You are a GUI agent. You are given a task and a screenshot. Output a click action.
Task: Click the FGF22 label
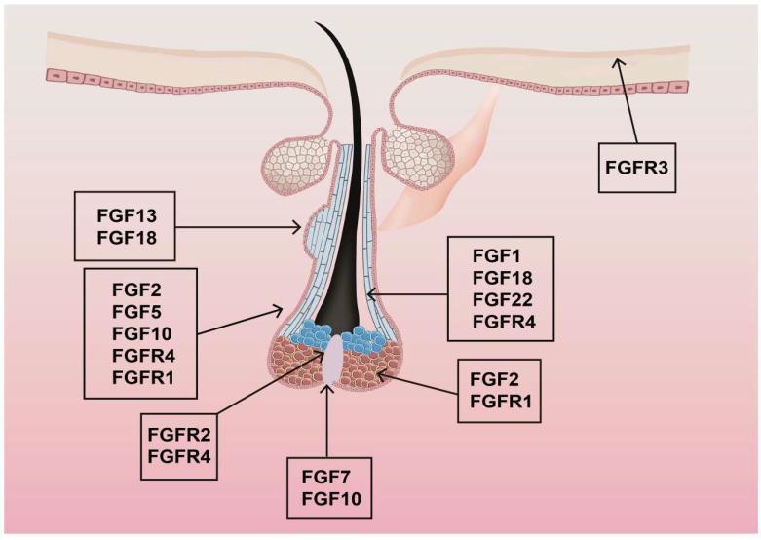[501, 299]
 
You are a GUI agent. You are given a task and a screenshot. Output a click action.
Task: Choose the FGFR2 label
[179, 432]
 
